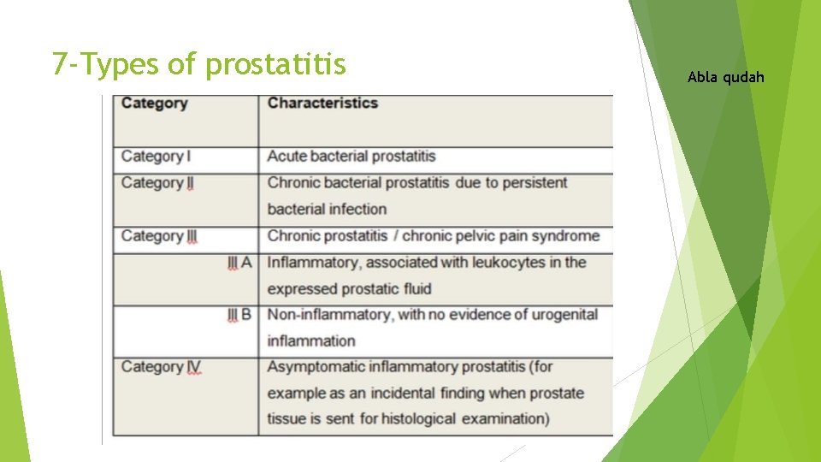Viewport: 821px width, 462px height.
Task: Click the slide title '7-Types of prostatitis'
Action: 198,63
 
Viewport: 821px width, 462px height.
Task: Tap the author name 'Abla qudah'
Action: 726,78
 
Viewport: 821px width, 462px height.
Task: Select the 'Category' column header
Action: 154,104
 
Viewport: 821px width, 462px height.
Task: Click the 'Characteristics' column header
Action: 322,103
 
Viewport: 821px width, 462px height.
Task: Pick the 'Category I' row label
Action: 156,157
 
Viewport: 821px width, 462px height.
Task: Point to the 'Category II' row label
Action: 158,183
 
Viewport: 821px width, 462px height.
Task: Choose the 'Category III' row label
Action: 160,236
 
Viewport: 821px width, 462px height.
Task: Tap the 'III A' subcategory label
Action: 239,263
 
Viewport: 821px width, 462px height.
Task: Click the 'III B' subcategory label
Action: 239,315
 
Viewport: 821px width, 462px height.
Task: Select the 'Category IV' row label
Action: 161,368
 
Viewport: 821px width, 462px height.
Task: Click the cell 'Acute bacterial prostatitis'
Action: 351,157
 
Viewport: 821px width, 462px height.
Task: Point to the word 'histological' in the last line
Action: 421,419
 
